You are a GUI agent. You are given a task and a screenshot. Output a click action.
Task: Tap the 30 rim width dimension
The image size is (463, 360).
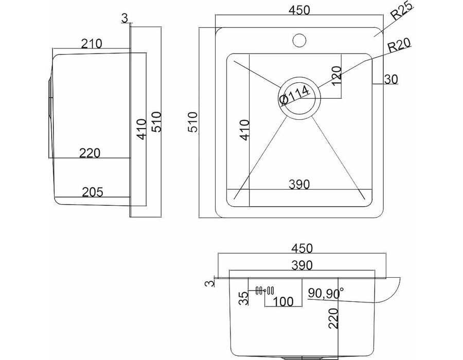coord(391,79)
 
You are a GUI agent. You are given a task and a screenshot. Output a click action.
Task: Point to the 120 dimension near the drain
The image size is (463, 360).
coord(336,76)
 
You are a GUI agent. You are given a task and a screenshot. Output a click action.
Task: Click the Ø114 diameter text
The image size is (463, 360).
coord(294,95)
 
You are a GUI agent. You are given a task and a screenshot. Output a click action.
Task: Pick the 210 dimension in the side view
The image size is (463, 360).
coord(92,44)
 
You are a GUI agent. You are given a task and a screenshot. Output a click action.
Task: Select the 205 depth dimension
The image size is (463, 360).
coord(93,192)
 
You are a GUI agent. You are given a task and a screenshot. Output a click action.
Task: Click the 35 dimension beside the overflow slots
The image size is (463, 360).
coord(244,298)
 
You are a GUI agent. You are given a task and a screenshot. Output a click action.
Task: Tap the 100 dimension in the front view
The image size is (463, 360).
coord(283,301)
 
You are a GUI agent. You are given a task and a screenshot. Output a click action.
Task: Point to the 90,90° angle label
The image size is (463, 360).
coord(326,293)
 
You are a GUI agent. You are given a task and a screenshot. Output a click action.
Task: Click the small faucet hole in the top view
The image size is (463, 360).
coord(299,41)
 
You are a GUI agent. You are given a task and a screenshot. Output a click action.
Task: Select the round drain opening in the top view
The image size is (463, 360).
coord(299,98)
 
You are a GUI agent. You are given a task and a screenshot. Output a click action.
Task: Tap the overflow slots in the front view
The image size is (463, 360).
coord(265,291)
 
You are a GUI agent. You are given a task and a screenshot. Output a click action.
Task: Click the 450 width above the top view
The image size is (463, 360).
coord(299,10)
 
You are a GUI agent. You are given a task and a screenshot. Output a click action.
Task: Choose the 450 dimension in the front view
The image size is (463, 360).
coord(302,248)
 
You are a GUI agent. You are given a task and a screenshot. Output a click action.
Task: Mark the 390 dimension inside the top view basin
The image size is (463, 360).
coord(299,185)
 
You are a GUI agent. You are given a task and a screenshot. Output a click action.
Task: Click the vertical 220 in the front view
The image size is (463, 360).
coord(333,318)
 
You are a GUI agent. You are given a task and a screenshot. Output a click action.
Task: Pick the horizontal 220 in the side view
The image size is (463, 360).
coord(90,153)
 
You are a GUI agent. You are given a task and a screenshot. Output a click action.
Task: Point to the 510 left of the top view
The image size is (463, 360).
coord(192,122)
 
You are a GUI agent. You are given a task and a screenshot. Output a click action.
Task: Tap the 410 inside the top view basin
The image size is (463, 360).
coord(245,130)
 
